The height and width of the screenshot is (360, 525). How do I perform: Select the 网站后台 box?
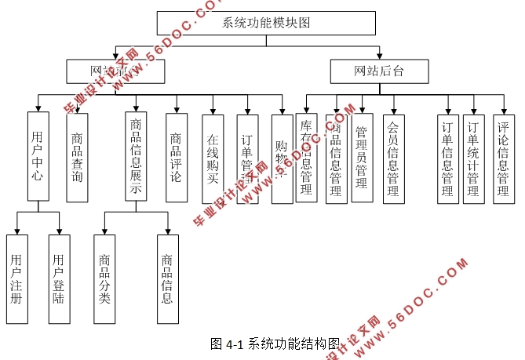tap(380, 72)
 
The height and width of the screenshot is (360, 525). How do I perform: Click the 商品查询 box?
tap(77, 157)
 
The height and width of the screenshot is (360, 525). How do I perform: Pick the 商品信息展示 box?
tap(136, 157)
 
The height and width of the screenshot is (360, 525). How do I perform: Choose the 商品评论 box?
tap(177, 157)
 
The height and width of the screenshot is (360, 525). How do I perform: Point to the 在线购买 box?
tap(213, 158)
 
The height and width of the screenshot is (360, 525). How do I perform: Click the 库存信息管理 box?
tap(306, 158)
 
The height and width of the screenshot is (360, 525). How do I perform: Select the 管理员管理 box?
tap(362, 157)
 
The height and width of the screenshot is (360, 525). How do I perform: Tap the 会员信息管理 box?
tap(394, 158)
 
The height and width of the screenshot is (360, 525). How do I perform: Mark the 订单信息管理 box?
tap(448, 158)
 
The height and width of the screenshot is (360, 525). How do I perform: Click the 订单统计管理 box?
tap(473, 158)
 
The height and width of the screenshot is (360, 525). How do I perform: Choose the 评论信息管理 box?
tap(504, 158)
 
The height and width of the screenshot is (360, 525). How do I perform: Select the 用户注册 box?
tap(16, 278)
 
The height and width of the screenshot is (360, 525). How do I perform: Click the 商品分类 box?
tap(104, 278)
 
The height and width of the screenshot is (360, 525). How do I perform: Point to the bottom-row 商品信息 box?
tap(167, 278)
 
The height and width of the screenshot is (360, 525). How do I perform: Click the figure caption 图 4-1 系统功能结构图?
tap(275, 344)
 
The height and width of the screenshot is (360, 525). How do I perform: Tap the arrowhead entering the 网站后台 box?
tap(380, 56)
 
